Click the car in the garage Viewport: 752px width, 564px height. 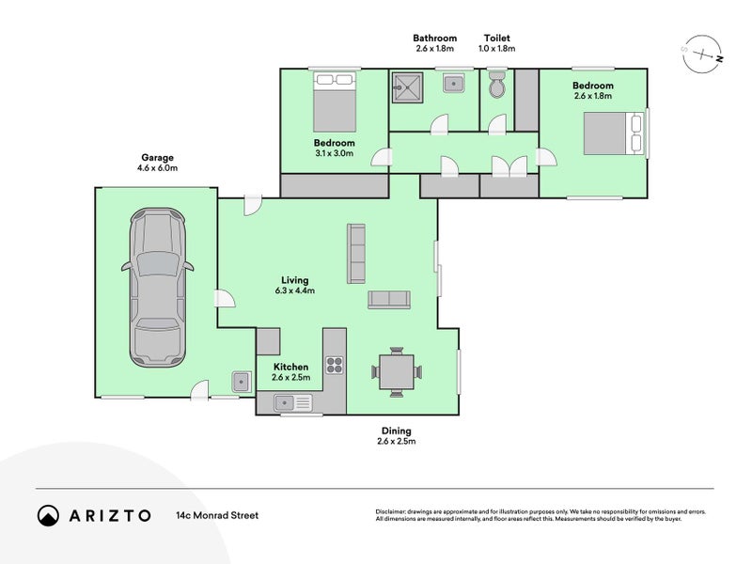click(156, 289)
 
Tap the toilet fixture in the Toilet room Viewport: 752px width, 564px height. click(497, 86)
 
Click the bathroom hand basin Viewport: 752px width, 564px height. click(454, 82)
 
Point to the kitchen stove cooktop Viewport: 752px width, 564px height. click(334, 364)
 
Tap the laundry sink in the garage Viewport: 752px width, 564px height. click(241, 381)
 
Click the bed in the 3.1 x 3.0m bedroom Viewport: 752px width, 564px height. click(334, 102)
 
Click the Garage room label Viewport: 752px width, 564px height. click(157, 158)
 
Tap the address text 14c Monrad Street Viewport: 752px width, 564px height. click(216, 515)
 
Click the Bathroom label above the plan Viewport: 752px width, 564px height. click(434, 37)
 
